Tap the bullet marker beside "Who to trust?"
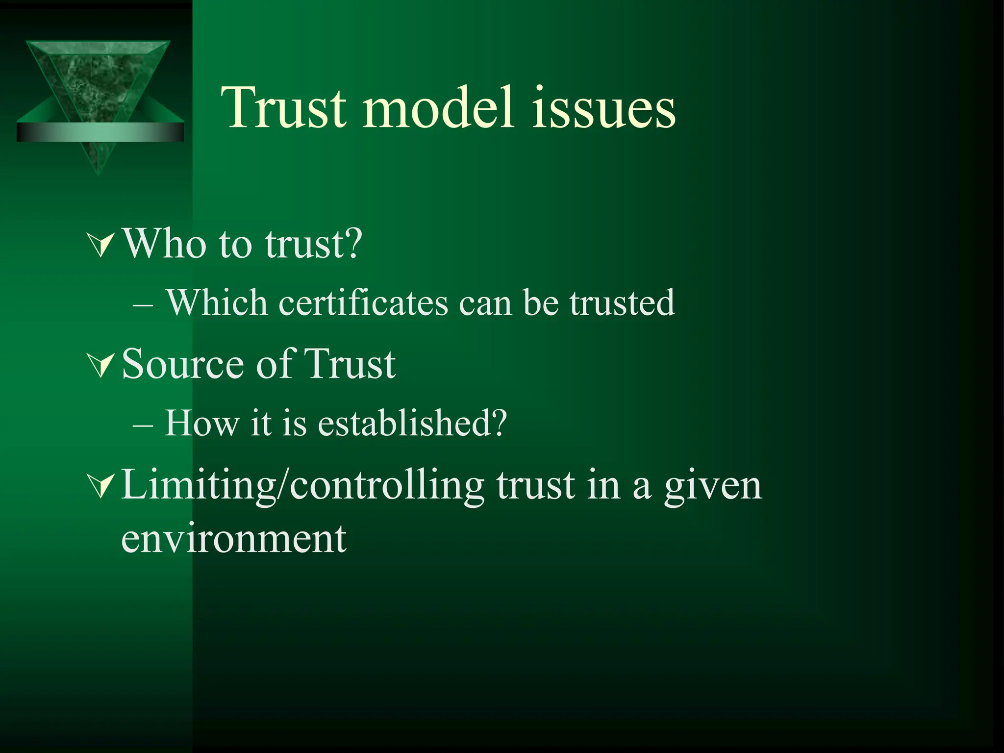click(x=101, y=245)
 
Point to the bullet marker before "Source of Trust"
click(x=101, y=366)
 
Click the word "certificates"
click(x=363, y=302)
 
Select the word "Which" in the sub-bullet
click(x=217, y=302)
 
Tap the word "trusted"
click(x=622, y=302)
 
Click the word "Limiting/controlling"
click(x=302, y=485)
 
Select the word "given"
click(x=713, y=487)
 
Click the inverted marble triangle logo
click(x=98, y=83)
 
